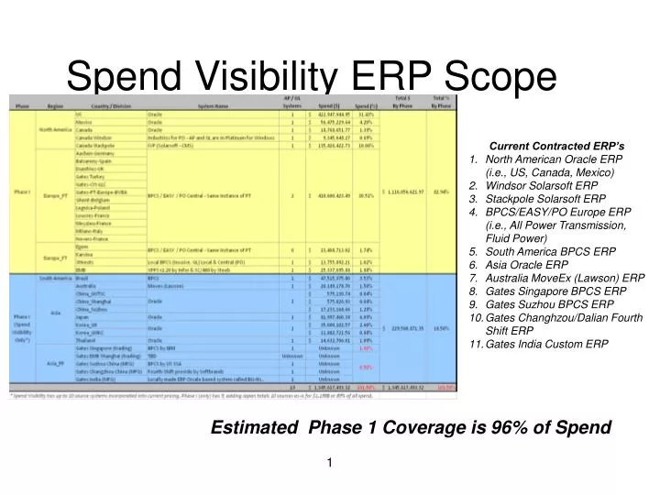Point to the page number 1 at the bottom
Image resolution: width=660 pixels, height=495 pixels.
click(x=327, y=461)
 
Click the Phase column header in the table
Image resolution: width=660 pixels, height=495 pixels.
click(x=22, y=106)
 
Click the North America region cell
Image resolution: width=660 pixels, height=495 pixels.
click(x=55, y=129)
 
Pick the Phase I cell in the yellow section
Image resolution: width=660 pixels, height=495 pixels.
click(x=22, y=191)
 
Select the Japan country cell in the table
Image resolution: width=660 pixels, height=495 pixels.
click(x=82, y=316)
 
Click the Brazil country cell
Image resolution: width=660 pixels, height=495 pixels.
click(x=82, y=277)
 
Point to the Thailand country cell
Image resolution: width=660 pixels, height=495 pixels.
click(x=85, y=341)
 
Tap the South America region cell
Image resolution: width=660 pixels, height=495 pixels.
click(x=55, y=277)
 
